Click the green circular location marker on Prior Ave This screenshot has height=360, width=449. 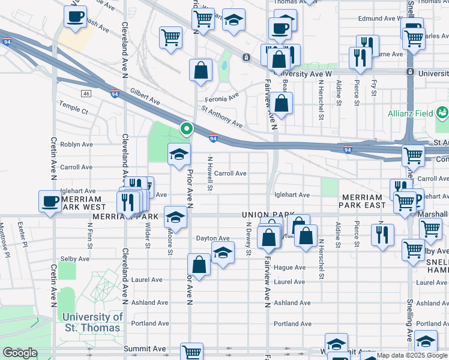pos(187,128)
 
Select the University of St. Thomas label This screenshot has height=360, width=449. pos(92,322)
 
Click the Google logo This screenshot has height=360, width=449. pos(20,353)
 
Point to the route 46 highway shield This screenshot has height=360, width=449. pos(86,94)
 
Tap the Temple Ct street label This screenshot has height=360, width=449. pos(73,111)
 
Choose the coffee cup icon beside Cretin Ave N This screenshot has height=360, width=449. pos(50,201)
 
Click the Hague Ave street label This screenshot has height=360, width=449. pos(289,267)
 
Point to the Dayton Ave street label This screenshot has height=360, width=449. pos(213,239)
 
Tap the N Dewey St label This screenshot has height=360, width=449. pos(248,238)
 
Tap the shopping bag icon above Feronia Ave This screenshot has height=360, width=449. pos(200,70)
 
